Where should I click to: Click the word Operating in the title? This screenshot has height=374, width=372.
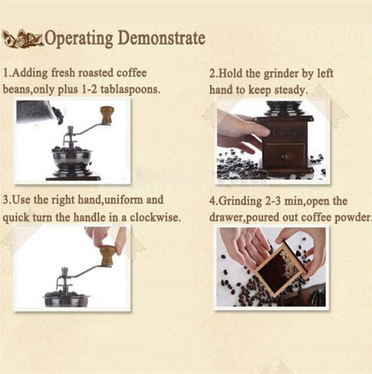click(x=79, y=38)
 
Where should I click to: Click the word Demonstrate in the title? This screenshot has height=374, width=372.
click(x=161, y=37)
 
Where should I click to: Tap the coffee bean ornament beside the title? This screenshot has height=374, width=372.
click(x=22, y=39)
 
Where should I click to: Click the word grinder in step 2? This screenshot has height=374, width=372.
click(x=280, y=74)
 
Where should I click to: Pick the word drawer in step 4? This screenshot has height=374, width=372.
click(x=226, y=217)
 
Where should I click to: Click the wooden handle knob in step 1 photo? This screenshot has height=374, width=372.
click(x=107, y=115)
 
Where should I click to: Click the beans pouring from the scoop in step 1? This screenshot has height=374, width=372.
click(x=58, y=115)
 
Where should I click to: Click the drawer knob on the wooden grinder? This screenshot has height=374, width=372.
click(x=285, y=157)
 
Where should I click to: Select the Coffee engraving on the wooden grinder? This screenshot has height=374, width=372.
click(x=285, y=133)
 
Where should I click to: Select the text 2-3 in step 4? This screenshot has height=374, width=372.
click(x=274, y=201)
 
